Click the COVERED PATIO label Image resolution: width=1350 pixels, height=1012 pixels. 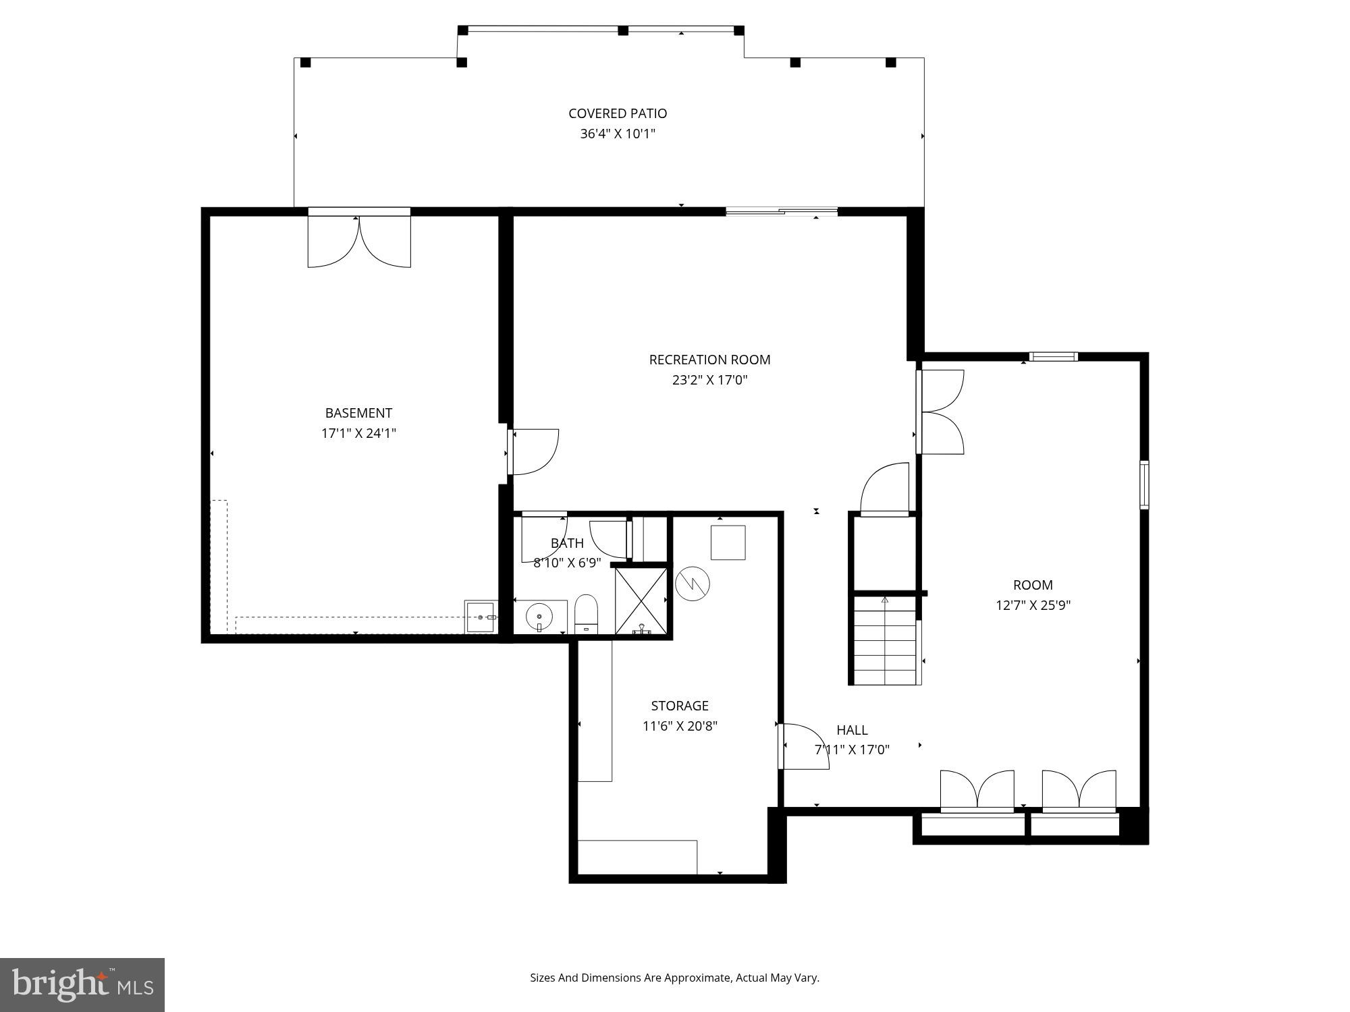(618, 113)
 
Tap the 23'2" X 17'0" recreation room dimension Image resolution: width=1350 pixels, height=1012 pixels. (709, 380)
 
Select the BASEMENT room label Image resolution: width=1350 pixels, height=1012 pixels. (358, 413)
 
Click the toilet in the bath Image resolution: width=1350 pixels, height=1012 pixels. (586, 613)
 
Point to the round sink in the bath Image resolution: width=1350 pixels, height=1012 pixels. (539, 616)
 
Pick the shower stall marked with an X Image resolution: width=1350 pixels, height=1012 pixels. (641, 600)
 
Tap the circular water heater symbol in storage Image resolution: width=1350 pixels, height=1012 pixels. (693, 583)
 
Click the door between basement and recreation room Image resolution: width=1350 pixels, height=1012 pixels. (533, 452)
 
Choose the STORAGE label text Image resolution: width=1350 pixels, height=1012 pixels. (680, 706)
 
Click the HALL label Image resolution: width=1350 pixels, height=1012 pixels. (852, 730)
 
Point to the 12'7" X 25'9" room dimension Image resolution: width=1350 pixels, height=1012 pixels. (1033, 605)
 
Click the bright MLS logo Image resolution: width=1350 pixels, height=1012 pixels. (82, 985)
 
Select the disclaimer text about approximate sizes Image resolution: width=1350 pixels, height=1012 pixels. (674, 978)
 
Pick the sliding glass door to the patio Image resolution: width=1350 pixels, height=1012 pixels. (782, 212)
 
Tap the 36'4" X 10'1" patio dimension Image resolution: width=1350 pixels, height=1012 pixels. (618, 134)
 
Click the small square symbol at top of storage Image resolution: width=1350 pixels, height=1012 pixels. (728, 542)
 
